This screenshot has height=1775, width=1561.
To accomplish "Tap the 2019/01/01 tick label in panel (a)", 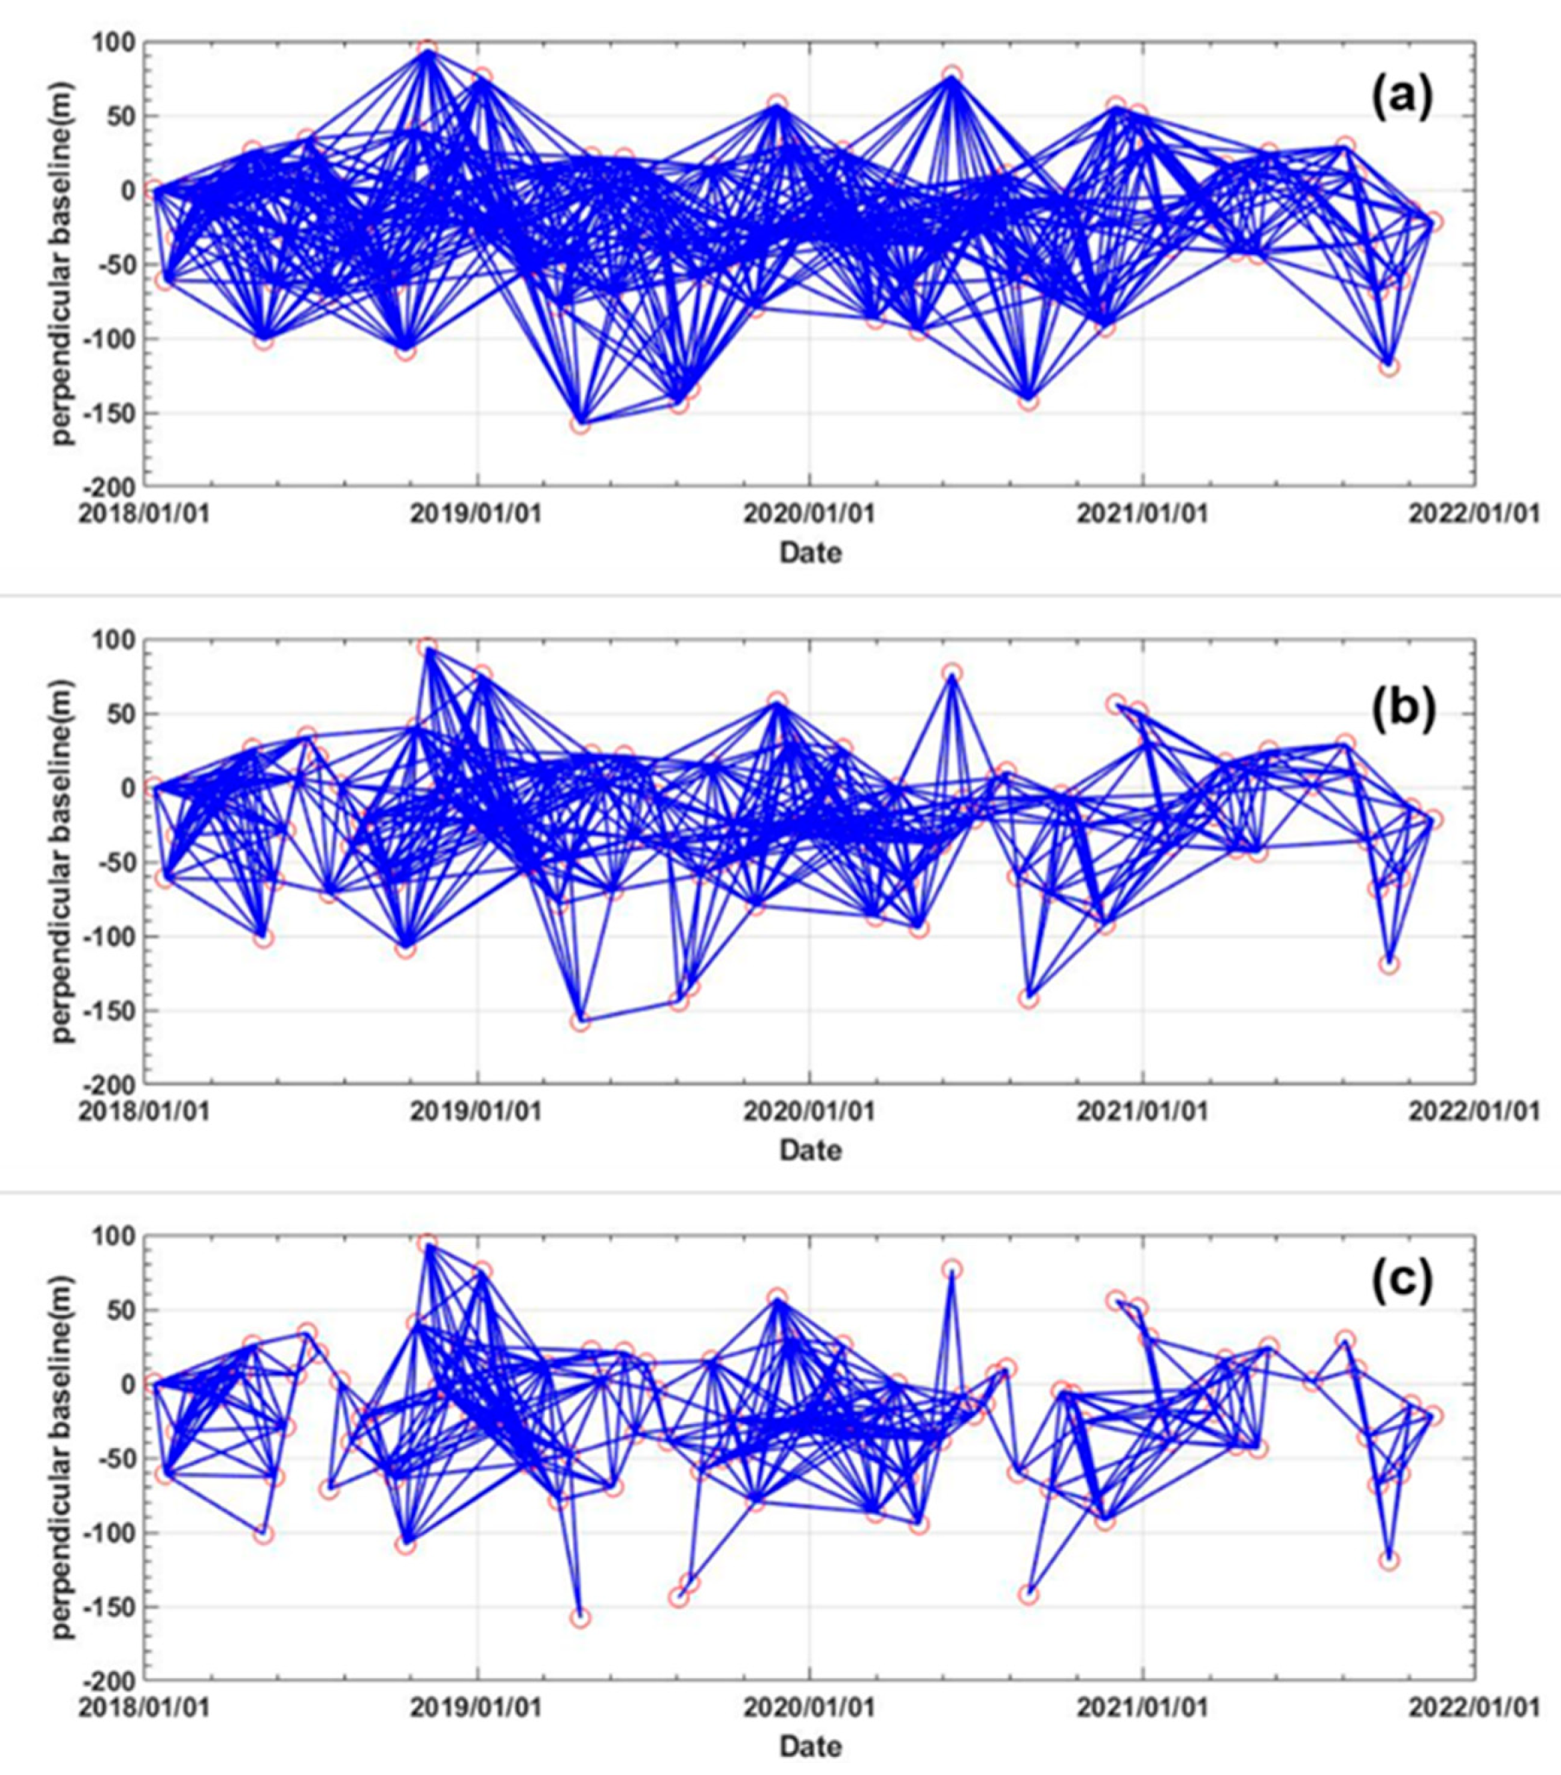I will pos(476,514).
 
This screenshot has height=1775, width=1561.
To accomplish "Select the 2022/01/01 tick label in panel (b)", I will pos(1474,1111).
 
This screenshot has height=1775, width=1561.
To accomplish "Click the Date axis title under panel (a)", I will pos(809,552).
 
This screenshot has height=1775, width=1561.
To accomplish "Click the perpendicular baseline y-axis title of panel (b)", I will pos(61,859).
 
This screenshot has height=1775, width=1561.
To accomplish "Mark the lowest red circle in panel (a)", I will pos(580,425).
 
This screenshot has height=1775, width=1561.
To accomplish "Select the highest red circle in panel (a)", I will pos(426,48).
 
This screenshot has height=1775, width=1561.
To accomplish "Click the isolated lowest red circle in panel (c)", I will pos(580,1618).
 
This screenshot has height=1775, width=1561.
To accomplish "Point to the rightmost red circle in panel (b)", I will pos(1433,820).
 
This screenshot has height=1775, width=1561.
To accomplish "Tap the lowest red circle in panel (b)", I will pos(580,1022).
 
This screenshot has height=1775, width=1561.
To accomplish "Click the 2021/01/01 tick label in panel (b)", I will pos(1142,1111).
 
